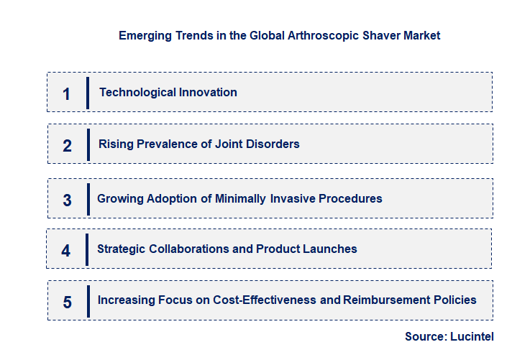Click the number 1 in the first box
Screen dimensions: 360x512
tap(66, 93)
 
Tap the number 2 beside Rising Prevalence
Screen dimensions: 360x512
tap(67, 145)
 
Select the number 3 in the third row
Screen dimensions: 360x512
tap(67, 200)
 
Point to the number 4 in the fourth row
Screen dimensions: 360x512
tap(66, 250)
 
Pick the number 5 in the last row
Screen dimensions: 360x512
tap(67, 302)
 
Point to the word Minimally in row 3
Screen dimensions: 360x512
tap(241, 198)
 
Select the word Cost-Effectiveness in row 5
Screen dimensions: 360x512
tap(265, 300)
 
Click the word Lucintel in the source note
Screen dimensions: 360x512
tap(472, 336)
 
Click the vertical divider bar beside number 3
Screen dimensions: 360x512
tap(88, 198)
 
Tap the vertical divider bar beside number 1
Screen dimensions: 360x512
tap(88, 93)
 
